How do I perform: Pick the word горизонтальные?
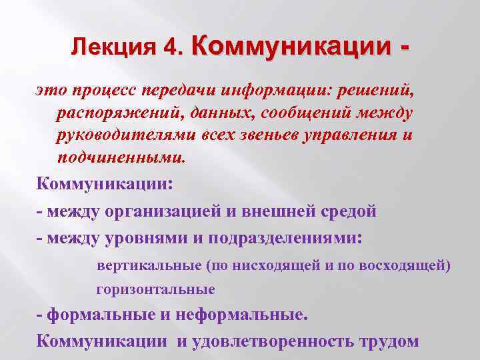click(155, 289)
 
